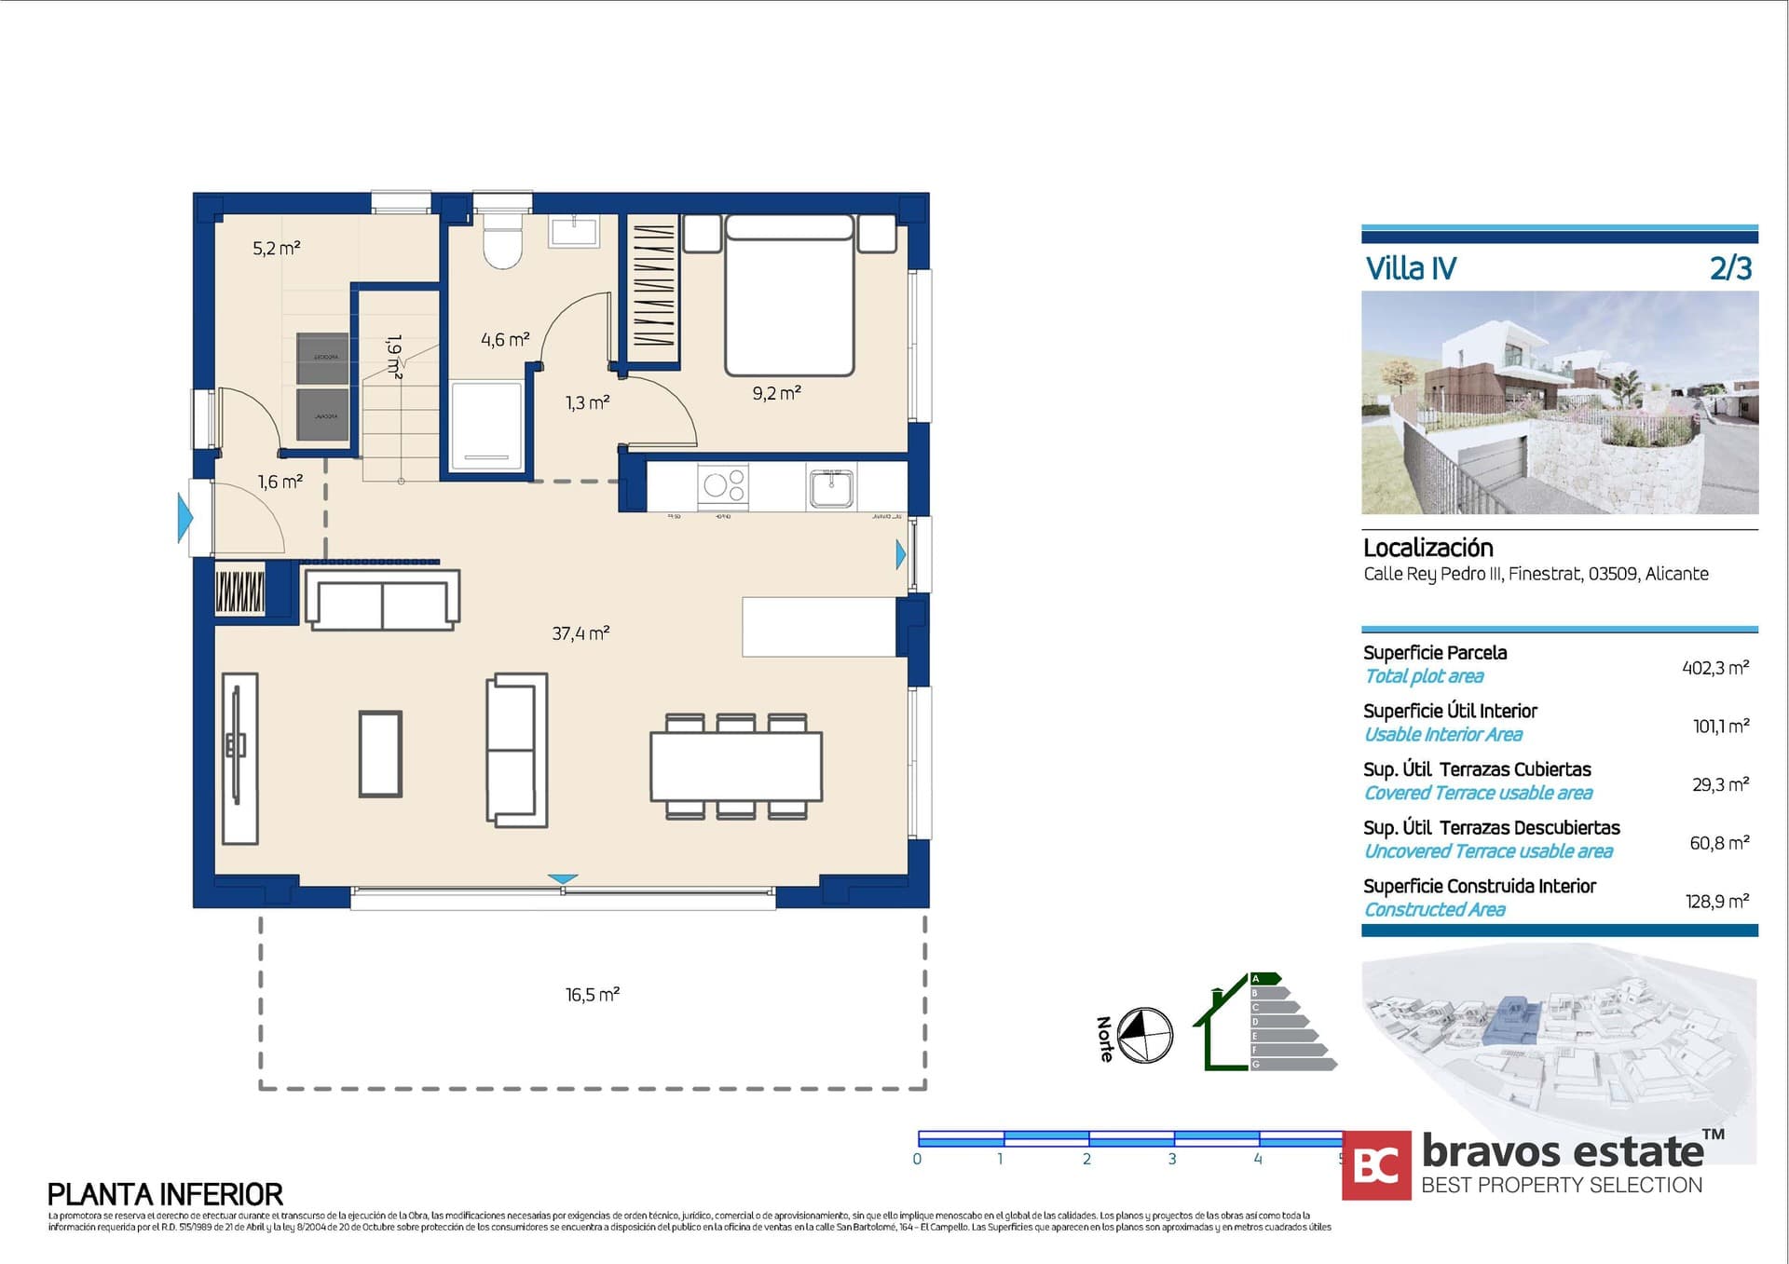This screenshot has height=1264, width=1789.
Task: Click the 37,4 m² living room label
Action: click(580, 633)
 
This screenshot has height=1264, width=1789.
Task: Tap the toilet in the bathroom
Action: click(503, 241)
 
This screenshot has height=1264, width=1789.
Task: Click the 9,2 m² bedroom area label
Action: click(776, 394)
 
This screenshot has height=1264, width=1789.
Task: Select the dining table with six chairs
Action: click(736, 767)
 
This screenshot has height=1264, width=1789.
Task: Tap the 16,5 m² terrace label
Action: click(592, 995)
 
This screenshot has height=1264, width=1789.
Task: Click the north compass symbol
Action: click(1144, 1035)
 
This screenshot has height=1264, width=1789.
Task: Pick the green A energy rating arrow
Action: click(1265, 978)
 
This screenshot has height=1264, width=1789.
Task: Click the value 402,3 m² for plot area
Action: click(1714, 668)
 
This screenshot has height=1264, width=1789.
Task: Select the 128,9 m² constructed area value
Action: click(1716, 902)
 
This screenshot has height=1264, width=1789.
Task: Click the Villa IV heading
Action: click(1410, 268)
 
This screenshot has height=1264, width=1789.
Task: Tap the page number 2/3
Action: click(1730, 268)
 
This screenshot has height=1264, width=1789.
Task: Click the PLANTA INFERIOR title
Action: click(165, 1194)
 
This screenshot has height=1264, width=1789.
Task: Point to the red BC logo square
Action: click(1376, 1164)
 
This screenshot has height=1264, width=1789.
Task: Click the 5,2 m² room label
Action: click(276, 249)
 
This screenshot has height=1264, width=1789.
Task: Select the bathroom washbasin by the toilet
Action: click(574, 230)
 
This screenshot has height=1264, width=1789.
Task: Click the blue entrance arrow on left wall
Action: click(185, 518)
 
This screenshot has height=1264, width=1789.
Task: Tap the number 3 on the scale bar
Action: click(1172, 1159)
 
